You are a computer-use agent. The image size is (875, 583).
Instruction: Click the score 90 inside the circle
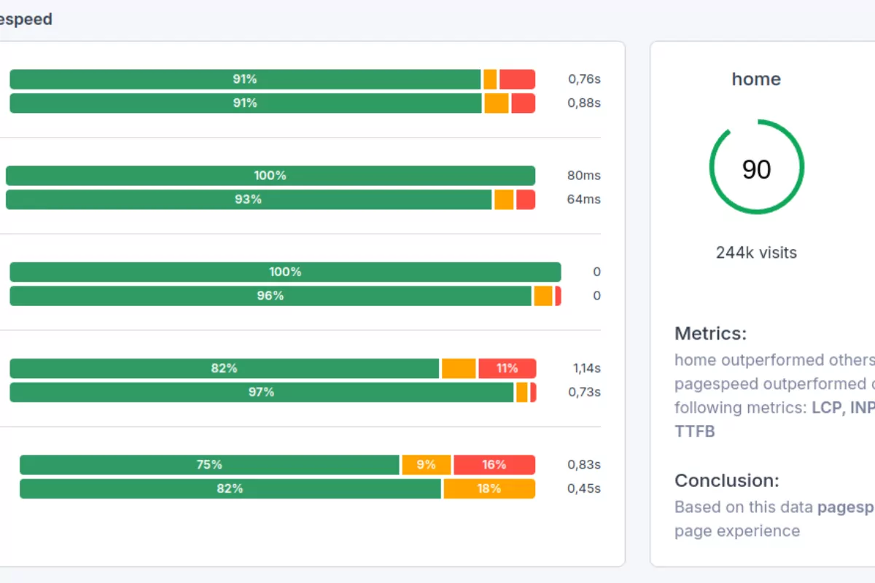(756, 169)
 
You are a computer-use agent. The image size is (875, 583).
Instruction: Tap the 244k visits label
(756, 253)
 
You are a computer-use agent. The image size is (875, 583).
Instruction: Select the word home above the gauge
(756, 79)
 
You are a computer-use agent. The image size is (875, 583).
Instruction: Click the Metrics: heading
(710, 334)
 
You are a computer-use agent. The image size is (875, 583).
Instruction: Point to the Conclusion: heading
(726, 481)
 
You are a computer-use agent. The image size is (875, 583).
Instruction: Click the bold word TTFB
(694, 431)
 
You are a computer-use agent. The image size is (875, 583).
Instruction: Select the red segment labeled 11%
(507, 368)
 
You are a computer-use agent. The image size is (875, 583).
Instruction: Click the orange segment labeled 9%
(426, 465)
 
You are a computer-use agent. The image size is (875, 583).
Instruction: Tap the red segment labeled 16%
(494, 465)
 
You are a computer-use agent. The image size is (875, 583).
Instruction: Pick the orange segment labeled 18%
(489, 488)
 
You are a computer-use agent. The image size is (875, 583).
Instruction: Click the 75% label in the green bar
(209, 465)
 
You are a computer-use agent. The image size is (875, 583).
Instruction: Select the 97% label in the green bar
(261, 392)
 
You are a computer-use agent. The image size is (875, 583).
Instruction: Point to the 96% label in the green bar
(270, 296)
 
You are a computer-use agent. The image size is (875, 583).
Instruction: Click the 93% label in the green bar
(248, 199)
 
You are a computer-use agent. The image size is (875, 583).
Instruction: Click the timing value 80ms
(583, 176)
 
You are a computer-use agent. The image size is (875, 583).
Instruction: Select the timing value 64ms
(583, 199)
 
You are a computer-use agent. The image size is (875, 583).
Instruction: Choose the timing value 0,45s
(583, 488)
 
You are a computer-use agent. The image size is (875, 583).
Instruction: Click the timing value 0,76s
(584, 79)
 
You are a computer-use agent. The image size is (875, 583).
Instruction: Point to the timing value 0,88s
(583, 103)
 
